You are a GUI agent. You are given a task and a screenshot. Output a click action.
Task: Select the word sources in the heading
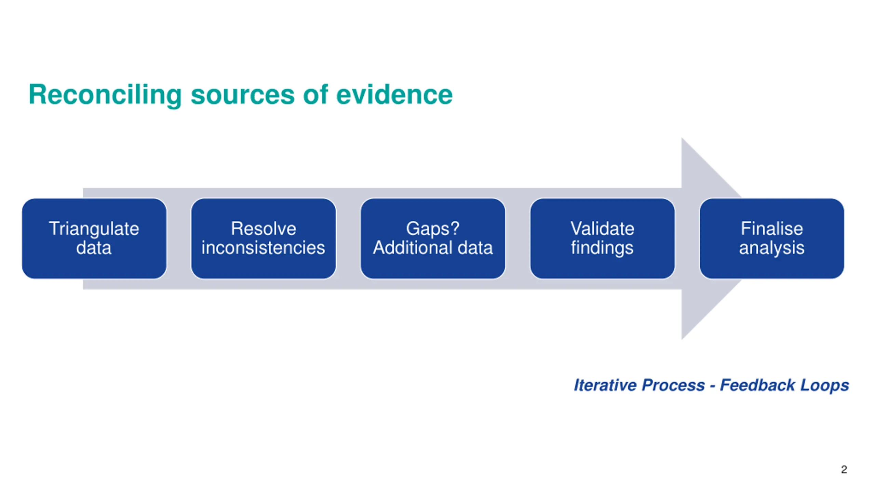(242, 95)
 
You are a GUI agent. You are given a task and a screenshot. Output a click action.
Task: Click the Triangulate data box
(94, 238)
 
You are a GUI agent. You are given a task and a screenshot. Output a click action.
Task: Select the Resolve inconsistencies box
(264, 238)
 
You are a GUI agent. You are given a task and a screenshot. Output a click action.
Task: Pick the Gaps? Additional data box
(433, 238)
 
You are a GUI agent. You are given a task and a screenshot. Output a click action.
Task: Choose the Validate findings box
(602, 238)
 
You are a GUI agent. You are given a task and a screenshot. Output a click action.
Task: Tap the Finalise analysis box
(772, 238)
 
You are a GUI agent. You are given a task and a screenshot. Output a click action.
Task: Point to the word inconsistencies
(263, 247)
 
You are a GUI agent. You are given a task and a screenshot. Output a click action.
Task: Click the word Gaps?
(433, 229)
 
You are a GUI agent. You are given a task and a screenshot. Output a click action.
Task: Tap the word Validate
(602, 228)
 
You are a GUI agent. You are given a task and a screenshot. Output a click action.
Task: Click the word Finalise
(772, 228)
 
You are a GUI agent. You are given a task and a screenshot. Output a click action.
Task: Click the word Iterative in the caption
(605, 385)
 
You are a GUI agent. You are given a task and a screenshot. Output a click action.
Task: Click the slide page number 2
(844, 469)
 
